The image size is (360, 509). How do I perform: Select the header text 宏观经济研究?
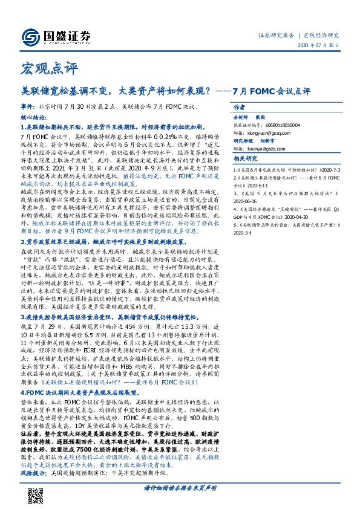[321, 35]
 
